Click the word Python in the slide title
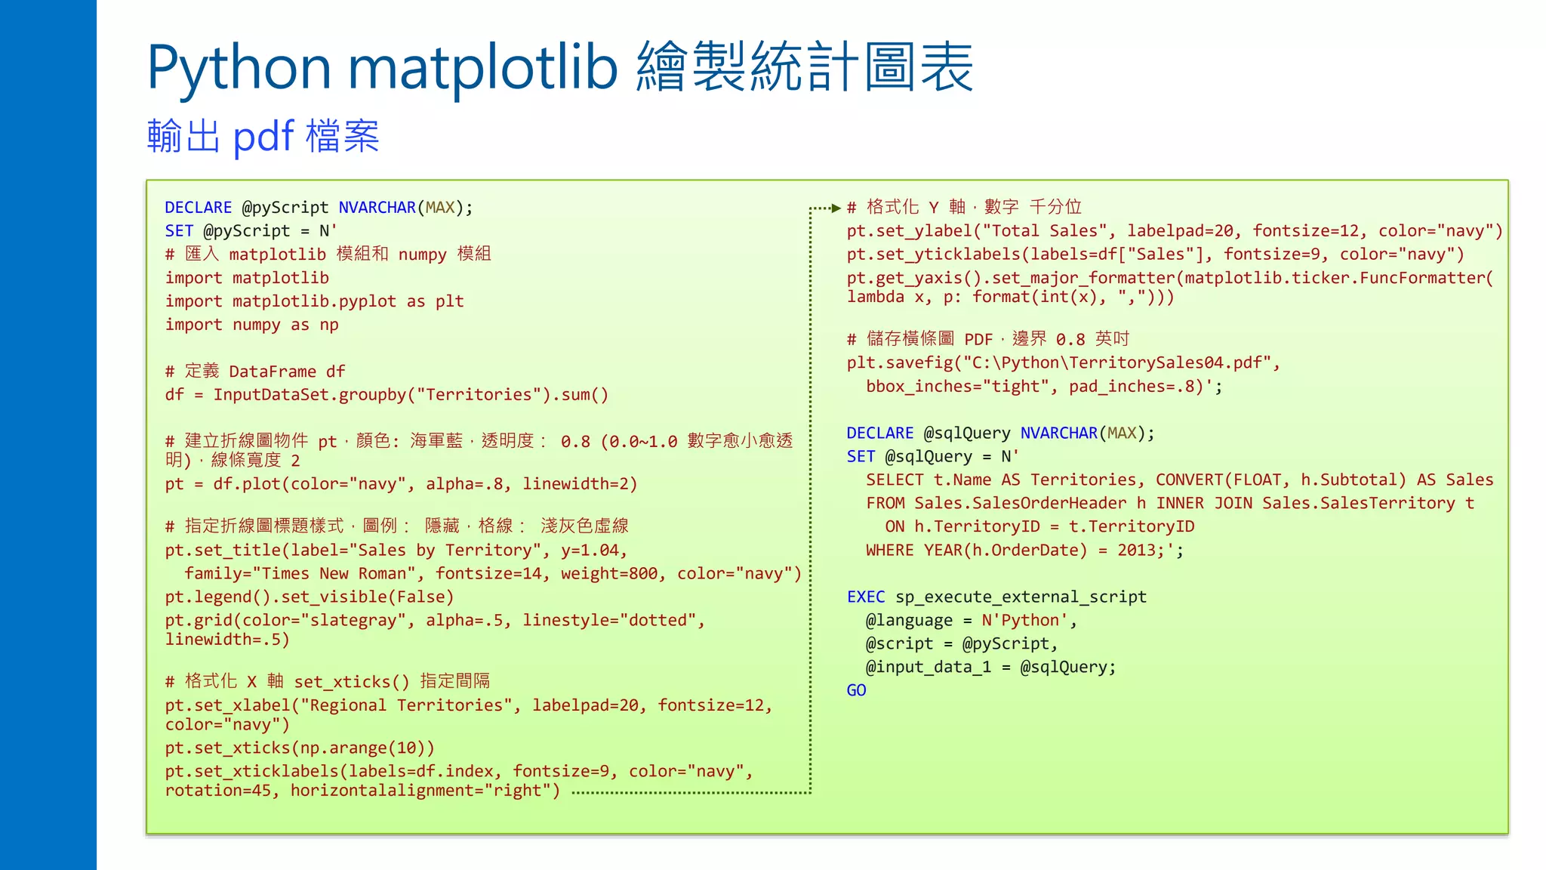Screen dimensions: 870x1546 pyautogui.click(x=239, y=68)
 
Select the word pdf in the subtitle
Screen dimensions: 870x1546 pyautogui.click(x=263, y=137)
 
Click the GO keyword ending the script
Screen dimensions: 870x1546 pyautogui.click(x=856, y=690)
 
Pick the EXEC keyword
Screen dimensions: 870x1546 pyautogui.click(x=865, y=597)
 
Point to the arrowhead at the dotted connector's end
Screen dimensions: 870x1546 pyautogui.click(x=836, y=208)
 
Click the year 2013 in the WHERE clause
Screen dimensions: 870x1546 pyautogui.click(x=1136, y=550)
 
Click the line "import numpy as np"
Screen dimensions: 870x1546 pyautogui.click(x=251, y=325)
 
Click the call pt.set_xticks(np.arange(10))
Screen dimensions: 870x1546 pyautogui.click(x=300, y=748)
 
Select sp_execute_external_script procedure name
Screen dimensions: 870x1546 pyautogui.click(x=1021, y=597)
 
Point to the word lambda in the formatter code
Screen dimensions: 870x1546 pyautogui.click(x=875, y=297)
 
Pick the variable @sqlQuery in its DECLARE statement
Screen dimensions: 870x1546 pyautogui.click(x=967, y=433)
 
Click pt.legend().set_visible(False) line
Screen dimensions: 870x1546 pyautogui.click(x=310, y=597)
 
